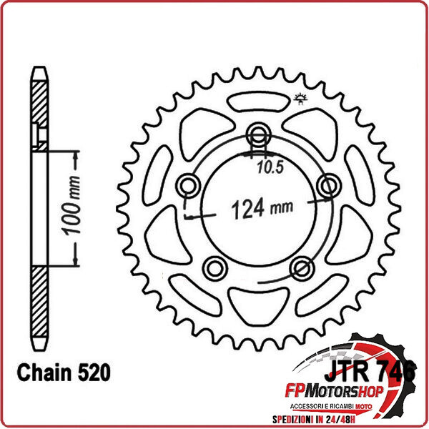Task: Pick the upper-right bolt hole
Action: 329,186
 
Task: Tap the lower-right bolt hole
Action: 301,267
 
